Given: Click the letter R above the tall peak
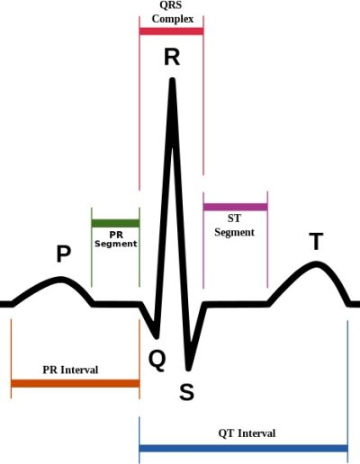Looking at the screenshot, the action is pos(172,57).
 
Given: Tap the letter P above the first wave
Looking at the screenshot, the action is pos(64,254).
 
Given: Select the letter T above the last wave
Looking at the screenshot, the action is pos(316,241).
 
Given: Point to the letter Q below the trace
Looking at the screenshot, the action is pos(157,361).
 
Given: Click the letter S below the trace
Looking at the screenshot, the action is pos(186,392).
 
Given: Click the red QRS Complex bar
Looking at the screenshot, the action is pos(171,31).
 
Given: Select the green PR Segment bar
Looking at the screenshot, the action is pos(115,223).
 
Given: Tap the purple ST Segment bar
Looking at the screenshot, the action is pos(236,207).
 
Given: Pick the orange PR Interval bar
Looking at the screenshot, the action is pos(76,383).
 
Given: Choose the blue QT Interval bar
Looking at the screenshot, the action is pos(244,449).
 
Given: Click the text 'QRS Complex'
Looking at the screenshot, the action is pos(173,12).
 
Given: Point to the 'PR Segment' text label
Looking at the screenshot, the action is pos(116,239).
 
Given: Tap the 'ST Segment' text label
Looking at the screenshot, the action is pos(234,226).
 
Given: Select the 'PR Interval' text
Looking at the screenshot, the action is pos(70,370).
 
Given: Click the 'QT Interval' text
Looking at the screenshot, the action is pos(247,433).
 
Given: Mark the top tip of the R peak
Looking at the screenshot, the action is pos(172,79).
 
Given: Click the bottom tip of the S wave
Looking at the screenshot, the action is pos(188,369).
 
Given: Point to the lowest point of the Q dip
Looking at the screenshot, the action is pos(157,337).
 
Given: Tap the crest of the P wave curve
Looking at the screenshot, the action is pos(61,280).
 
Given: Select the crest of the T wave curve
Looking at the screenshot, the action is pos(316,264).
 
